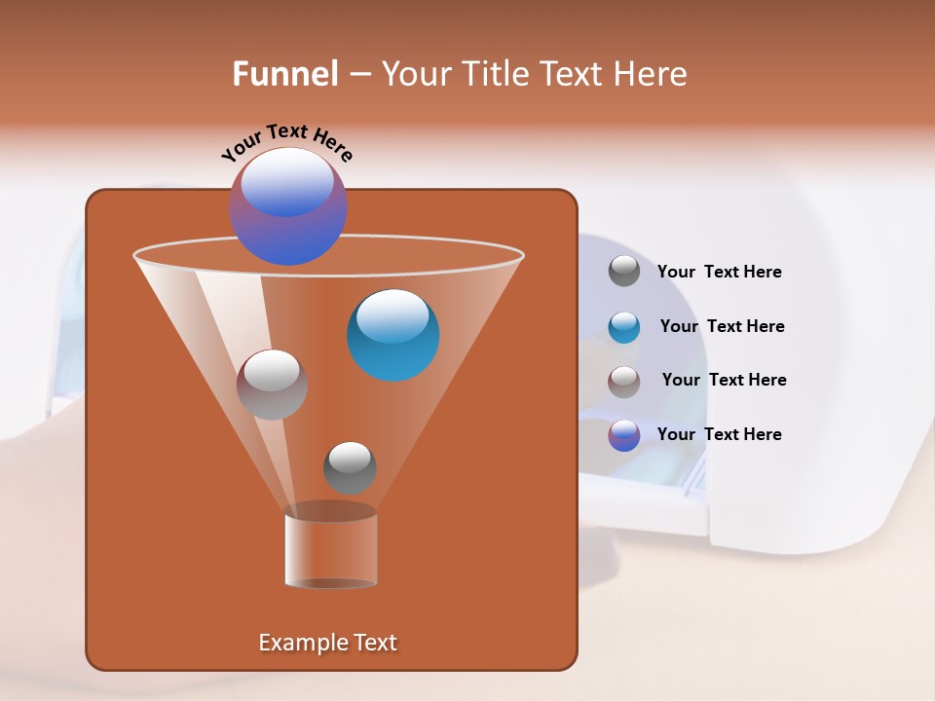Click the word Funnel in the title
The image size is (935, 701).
click(284, 74)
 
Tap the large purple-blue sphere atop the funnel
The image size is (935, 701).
click(288, 206)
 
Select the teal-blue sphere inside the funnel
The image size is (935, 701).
click(393, 335)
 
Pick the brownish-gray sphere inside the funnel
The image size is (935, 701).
click(272, 385)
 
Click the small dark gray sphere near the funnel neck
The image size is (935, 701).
click(350, 467)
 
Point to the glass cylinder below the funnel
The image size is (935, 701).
click(331, 550)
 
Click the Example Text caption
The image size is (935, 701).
click(327, 643)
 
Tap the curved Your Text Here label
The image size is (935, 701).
click(287, 141)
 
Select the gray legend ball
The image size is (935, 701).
click(624, 271)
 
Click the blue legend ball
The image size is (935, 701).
click(624, 327)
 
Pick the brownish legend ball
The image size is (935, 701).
click(624, 382)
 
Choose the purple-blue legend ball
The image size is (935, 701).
click(624, 435)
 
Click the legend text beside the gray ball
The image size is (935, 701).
click(719, 272)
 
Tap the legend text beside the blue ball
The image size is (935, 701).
click(722, 326)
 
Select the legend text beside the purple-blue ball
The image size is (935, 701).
click(719, 434)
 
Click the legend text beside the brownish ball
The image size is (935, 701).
click(724, 380)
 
